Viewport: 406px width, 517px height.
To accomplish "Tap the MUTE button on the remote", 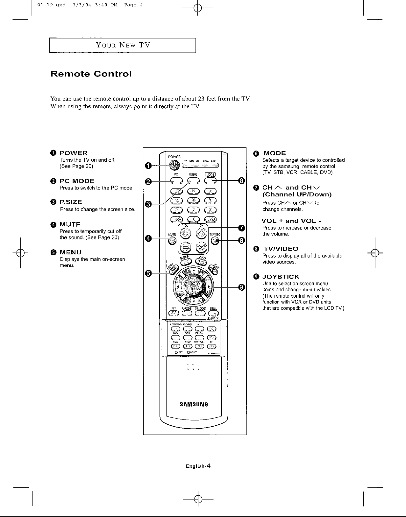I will [x=172, y=241].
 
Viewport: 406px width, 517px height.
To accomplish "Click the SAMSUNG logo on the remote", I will [x=194, y=404].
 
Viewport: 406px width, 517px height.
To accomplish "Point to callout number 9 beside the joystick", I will [x=241, y=287].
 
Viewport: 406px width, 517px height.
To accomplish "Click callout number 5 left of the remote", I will [x=148, y=273].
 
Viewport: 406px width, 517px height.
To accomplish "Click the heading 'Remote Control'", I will [x=91, y=74].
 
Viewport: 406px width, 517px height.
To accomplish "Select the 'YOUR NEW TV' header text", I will [x=123, y=45].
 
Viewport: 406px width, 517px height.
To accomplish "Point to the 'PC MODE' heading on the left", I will [x=77, y=181].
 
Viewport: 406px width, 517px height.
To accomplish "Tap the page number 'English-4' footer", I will [x=198, y=466].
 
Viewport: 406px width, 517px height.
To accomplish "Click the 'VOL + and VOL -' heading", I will [x=289, y=221].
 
